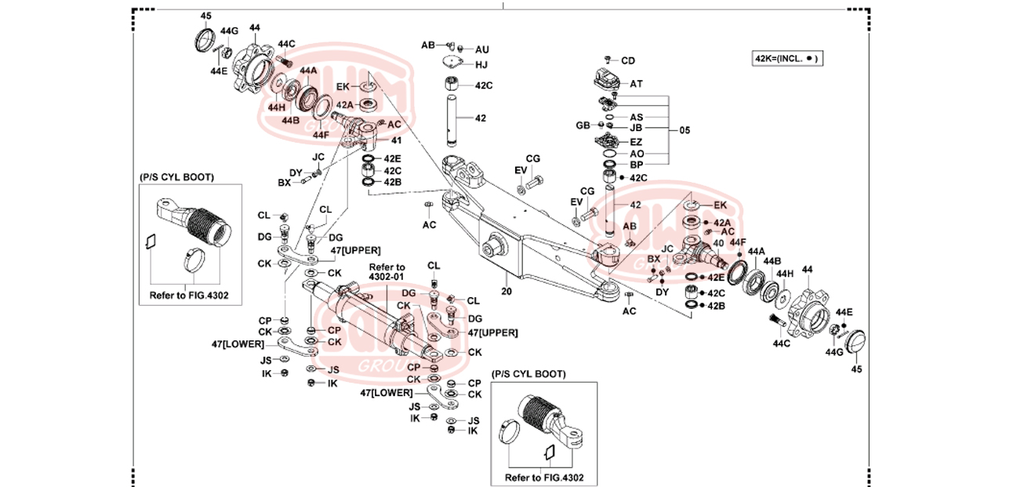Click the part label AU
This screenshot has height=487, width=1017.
[x=482, y=49]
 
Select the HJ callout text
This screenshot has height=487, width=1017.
[x=481, y=64]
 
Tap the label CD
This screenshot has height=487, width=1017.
[x=628, y=60]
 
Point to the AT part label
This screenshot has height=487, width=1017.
[x=636, y=83]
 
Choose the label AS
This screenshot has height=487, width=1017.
[x=636, y=117]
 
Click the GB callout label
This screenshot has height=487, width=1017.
[x=583, y=125]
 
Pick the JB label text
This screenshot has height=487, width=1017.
[x=636, y=128]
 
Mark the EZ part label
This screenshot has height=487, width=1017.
[x=636, y=142]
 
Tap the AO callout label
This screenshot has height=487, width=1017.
[x=636, y=154]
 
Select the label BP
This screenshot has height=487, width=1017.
[x=636, y=165]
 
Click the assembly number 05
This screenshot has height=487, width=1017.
[x=685, y=129]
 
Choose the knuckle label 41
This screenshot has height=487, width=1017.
[x=396, y=140]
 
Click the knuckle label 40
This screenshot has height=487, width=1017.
[x=718, y=242]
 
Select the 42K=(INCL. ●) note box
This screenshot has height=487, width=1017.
[x=788, y=59]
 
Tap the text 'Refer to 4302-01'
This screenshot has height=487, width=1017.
[x=388, y=272]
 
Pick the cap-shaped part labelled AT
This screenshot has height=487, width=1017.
[x=604, y=80]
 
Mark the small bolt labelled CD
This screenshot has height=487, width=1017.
[x=608, y=60]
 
